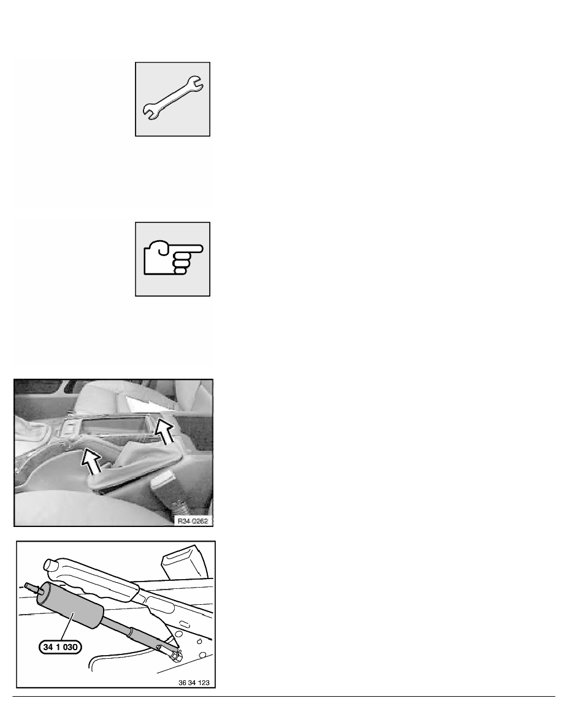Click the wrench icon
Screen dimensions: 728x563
click(x=173, y=98)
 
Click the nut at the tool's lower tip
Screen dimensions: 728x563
click(x=175, y=654)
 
